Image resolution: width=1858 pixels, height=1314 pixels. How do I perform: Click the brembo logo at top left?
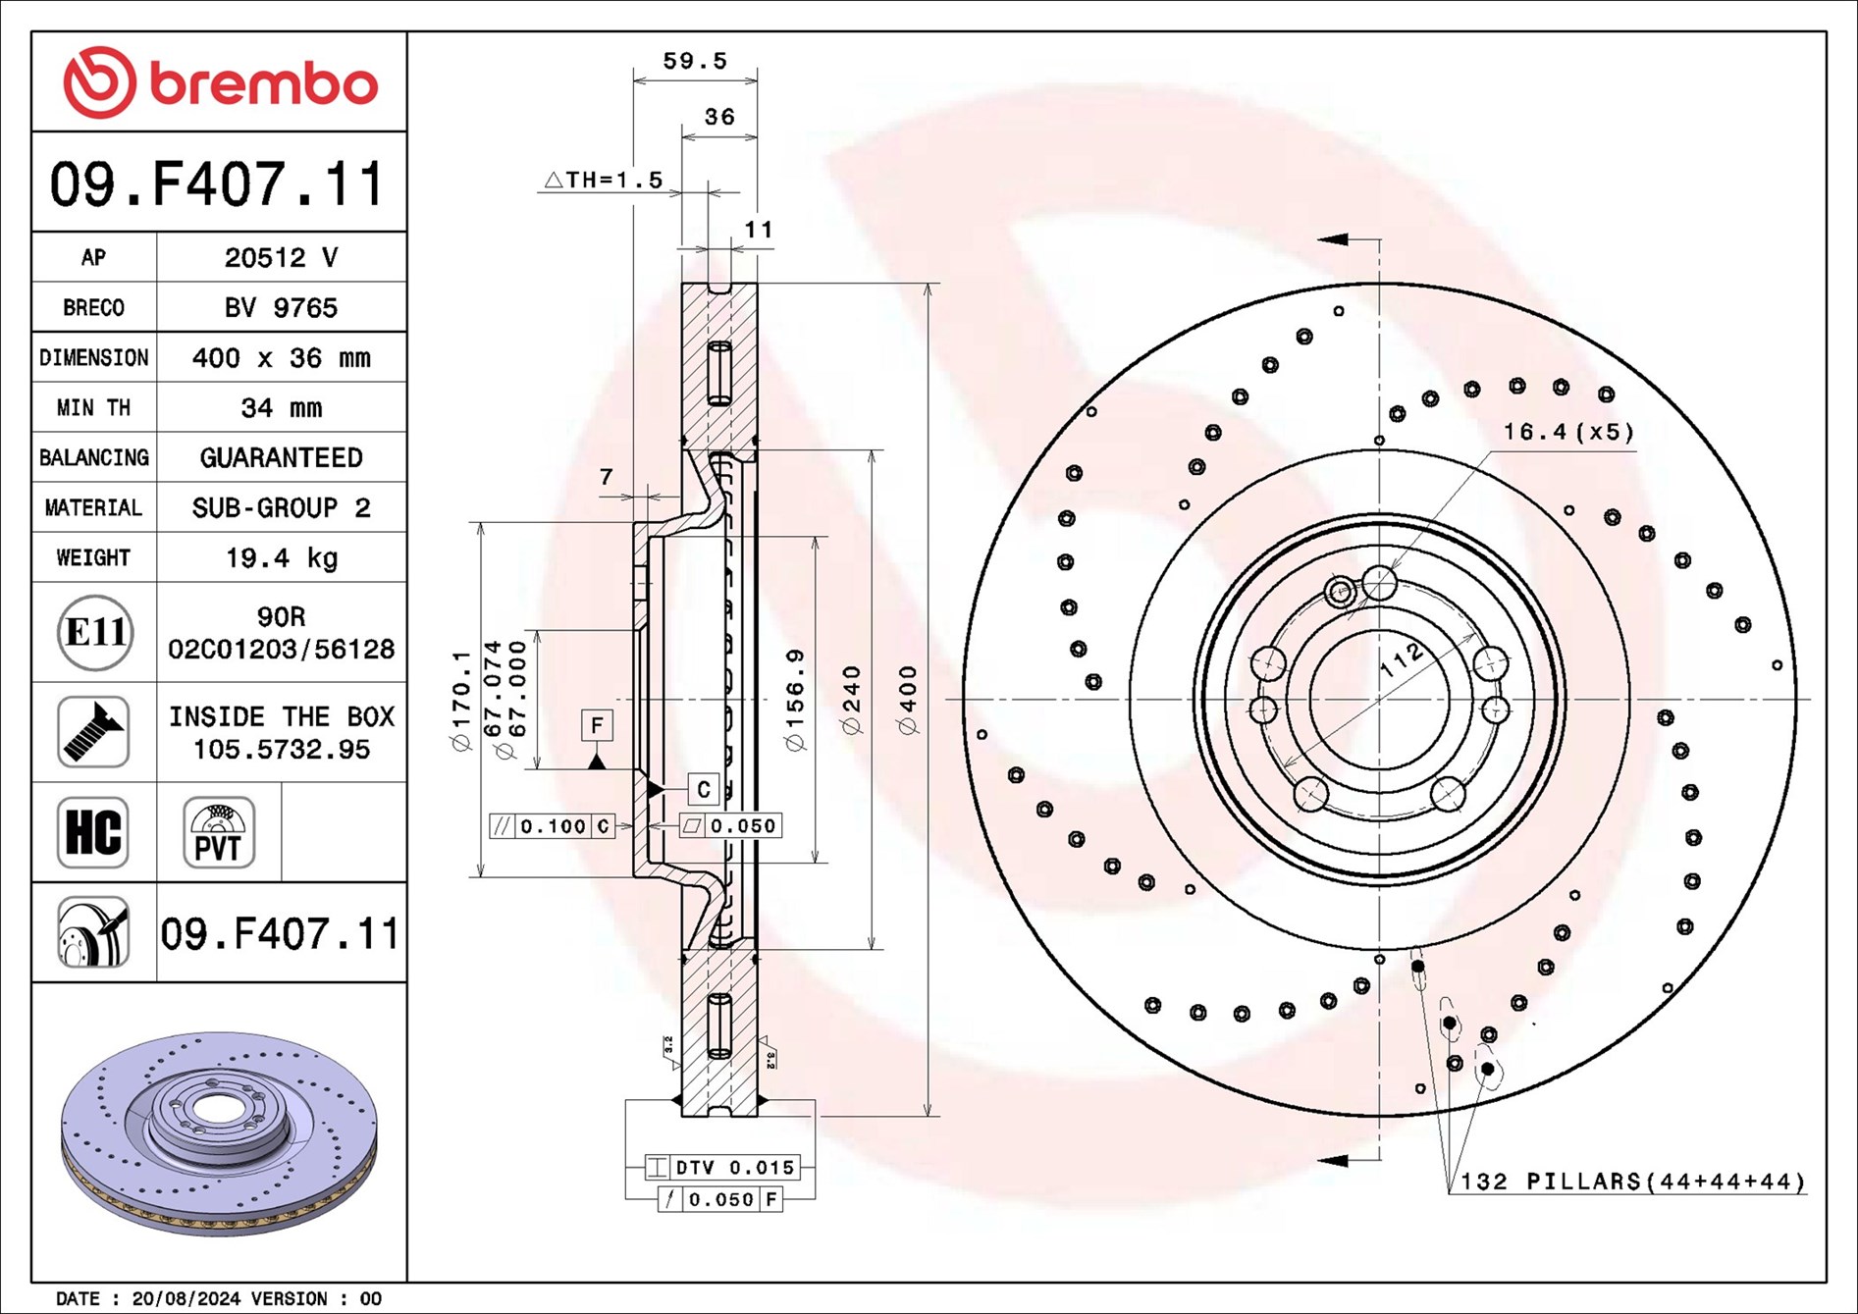click(x=220, y=82)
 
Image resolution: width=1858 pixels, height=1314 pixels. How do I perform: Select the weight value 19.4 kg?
click(x=282, y=558)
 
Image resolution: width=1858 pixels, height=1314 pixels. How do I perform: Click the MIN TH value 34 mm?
click(x=282, y=408)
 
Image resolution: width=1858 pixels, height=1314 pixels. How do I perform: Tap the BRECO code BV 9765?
click(x=282, y=308)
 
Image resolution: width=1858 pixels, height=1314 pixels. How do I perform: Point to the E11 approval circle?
click(x=95, y=633)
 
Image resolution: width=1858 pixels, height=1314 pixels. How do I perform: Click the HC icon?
click(x=93, y=832)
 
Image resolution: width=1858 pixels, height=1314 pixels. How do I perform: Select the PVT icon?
click(x=219, y=832)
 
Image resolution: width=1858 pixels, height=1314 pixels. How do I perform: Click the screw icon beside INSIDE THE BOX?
click(x=93, y=732)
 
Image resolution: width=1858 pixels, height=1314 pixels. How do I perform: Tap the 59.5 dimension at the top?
click(x=695, y=61)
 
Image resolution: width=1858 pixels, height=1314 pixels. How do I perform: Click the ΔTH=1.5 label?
click(x=604, y=180)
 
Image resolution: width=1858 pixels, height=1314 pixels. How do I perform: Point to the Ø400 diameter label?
click(x=908, y=699)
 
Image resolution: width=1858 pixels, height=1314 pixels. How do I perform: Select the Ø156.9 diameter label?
click(x=795, y=699)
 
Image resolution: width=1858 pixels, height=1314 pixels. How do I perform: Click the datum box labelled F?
click(x=597, y=725)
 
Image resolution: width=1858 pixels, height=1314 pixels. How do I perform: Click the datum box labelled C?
click(x=703, y=789)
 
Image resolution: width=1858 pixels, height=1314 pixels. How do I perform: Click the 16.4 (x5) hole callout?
click(x=1567, y=432)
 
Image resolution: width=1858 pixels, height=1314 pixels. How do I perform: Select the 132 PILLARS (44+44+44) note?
click(x=1632, y=1182)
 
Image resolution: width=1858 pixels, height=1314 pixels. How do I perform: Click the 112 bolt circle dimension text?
click(x=1402, y=658)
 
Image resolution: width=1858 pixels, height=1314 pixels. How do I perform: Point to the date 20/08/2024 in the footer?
click(x=186, y=1298)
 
